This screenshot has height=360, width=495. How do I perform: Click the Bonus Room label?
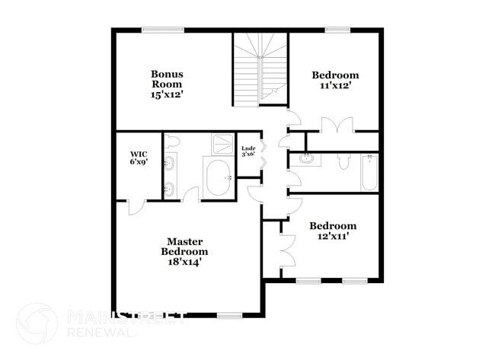pos(166,79)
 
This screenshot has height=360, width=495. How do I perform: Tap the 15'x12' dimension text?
pos(166,95)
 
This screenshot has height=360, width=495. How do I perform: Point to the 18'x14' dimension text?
pos(184,262)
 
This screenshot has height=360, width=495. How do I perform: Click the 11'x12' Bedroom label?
pos(334,75)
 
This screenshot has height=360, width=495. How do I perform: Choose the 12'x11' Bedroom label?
pos(333,226)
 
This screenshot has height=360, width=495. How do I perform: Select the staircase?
pos(260,68)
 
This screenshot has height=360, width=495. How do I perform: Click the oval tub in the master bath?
pos(220,179)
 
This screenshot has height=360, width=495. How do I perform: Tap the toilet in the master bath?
pos(172,142)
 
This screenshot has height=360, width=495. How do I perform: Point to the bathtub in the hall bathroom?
pos(370,172)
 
